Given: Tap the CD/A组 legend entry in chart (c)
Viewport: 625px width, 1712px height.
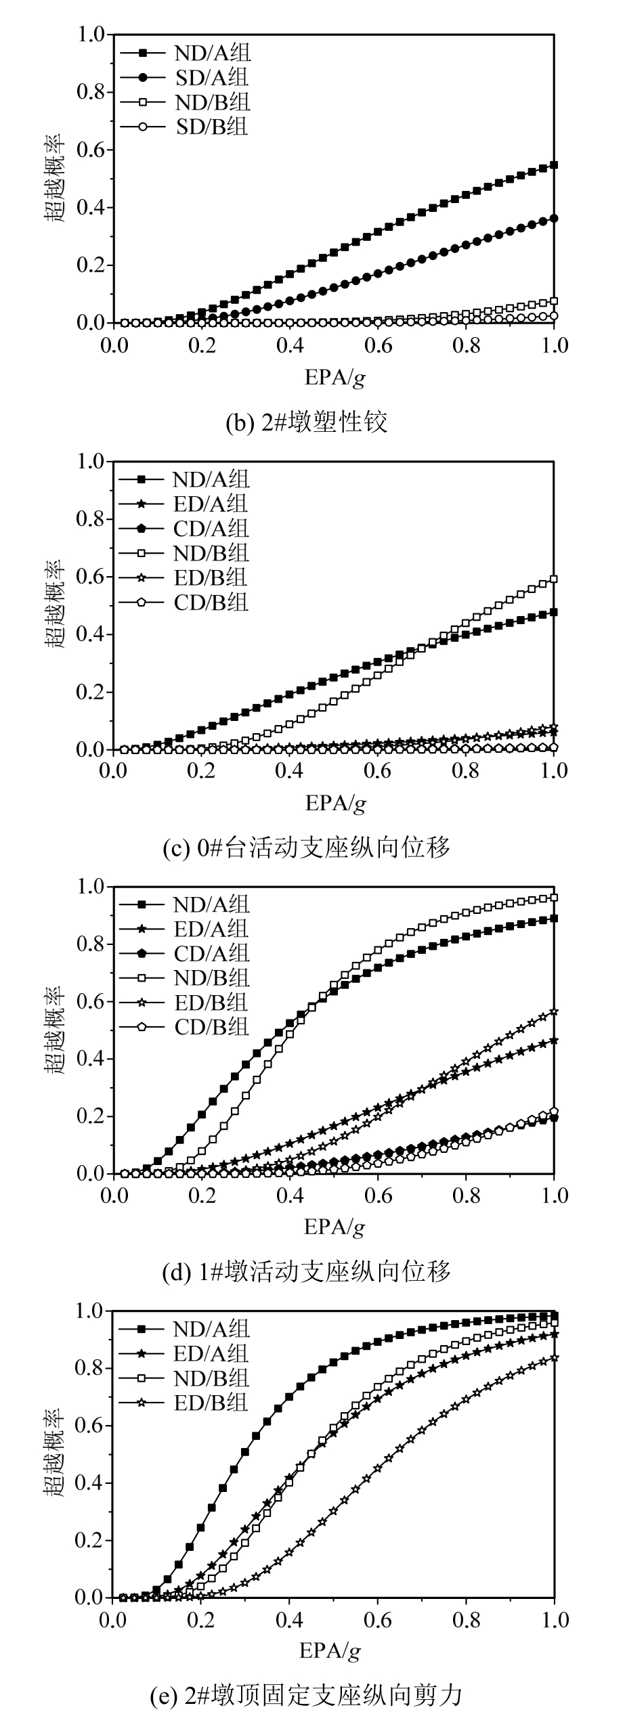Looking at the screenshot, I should coord(211,528).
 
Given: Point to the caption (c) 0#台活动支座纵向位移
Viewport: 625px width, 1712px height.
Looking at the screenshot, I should coord(307,847).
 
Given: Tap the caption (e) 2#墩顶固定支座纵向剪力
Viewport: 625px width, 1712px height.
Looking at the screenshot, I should coord(306,1695).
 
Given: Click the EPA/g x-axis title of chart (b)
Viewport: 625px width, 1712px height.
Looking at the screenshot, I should coord(335,377).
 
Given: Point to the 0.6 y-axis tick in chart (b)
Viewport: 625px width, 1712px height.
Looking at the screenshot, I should coord(93,149).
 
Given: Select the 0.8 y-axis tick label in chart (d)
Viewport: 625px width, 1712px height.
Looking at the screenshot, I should coord(93,944).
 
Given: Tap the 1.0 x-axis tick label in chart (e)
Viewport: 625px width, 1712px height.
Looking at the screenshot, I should coord(554,1619).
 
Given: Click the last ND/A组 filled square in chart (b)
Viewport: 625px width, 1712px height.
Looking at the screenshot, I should coord(554,164).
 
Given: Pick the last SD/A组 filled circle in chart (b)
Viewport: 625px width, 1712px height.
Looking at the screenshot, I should coord(554,218).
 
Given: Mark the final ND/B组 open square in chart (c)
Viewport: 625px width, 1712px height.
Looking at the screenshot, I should coord(554,579).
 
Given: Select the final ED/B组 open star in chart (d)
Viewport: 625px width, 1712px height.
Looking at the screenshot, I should coord(554,1011).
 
